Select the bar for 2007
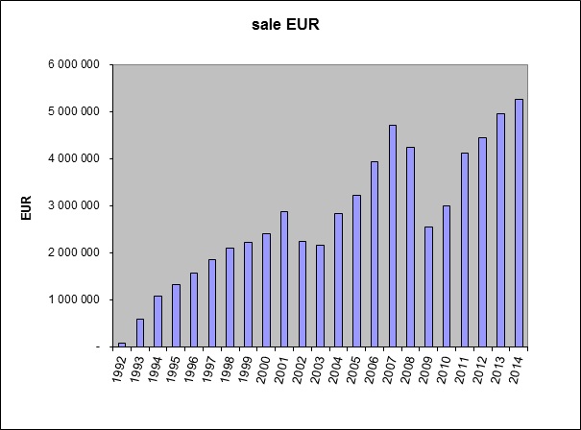[392, 235]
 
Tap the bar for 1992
[122, 344]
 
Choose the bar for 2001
[284, 278]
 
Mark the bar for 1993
[140, 332]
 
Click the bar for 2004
[338, 279]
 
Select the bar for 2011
[465, 249]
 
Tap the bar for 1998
[230, 297]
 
